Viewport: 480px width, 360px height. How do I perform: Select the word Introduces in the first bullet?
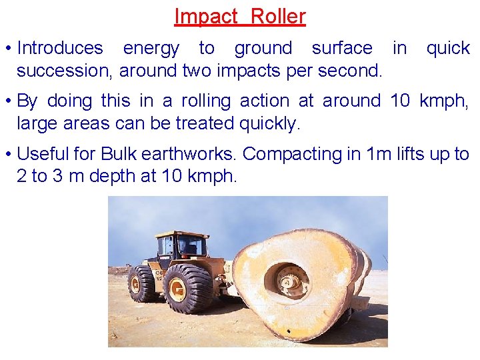pos(60,48)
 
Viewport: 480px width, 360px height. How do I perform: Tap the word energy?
pos(151,49)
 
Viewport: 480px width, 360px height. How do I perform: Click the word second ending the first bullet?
pos(353,70)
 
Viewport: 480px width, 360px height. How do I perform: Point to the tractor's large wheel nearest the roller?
pos(188,288)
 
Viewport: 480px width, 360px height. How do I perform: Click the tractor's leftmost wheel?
pos(142,283)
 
